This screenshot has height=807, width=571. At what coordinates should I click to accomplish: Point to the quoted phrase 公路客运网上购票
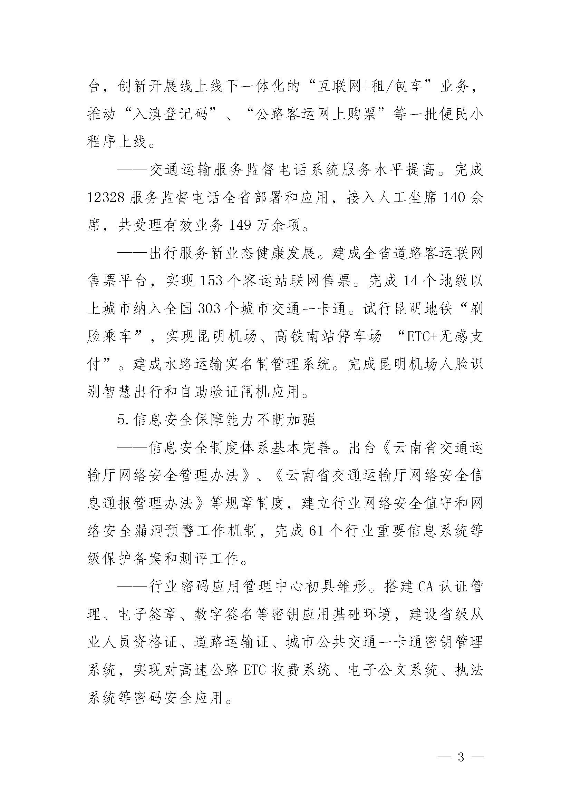pos(316,115)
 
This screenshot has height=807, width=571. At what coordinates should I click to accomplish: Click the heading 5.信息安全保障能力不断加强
pos(217,420)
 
